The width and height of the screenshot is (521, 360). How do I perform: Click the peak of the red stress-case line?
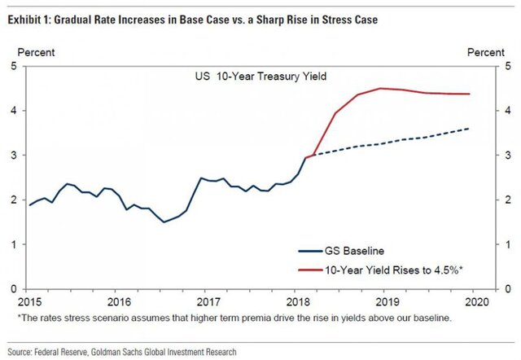coord(380,88)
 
